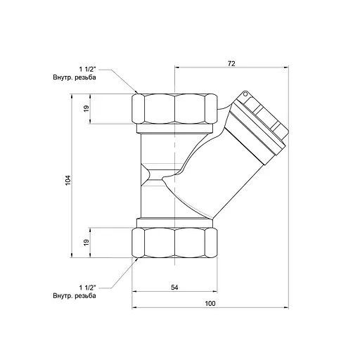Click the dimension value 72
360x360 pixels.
click(231, 63)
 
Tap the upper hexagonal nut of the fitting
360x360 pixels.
click(174, 109)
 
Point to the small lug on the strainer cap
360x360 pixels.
click(243, 94)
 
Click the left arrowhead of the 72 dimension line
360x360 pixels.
click(176, 68)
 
